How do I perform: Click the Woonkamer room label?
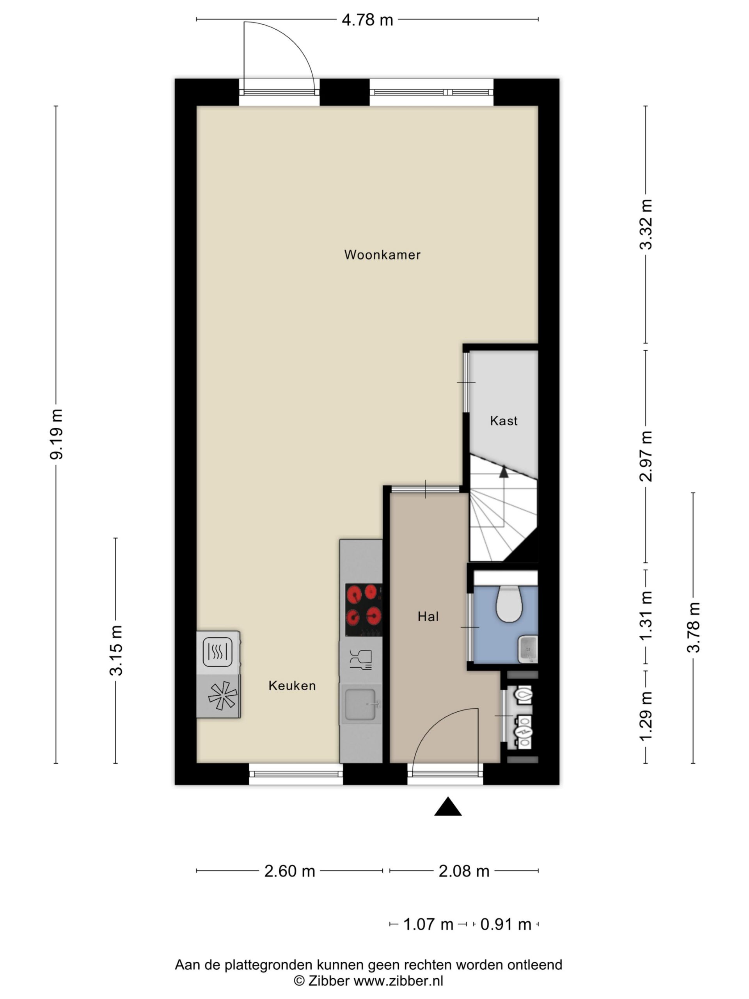(382, 255)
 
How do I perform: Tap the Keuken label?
(292, 686)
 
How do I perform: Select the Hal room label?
(428, 617)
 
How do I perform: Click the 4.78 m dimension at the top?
(367, 20)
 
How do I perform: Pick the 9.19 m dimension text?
(57, 434)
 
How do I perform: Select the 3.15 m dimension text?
(116, 651)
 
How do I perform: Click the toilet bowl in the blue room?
(509, 604)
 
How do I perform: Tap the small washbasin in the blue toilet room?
(528, 649)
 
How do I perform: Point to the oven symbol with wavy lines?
(218, 652)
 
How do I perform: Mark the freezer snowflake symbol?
(222, 696)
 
